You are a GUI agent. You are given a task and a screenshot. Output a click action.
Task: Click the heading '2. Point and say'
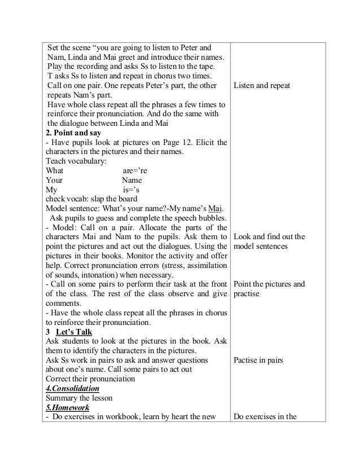73,133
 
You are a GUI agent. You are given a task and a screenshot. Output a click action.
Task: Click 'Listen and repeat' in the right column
261,85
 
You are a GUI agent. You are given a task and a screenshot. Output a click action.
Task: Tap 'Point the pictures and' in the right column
269,284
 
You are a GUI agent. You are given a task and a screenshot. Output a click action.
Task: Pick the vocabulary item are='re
135,171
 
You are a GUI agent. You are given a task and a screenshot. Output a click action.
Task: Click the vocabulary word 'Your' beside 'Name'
54,181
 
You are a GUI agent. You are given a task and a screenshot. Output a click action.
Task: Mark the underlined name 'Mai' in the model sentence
215,209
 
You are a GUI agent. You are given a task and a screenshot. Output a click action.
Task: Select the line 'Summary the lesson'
81,398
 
